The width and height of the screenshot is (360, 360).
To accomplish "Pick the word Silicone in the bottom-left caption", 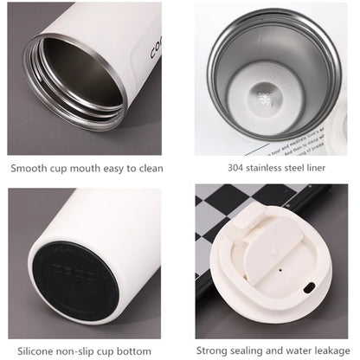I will (x=30, y=350).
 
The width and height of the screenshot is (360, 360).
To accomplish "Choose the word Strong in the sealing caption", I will (x=214, y=350).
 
